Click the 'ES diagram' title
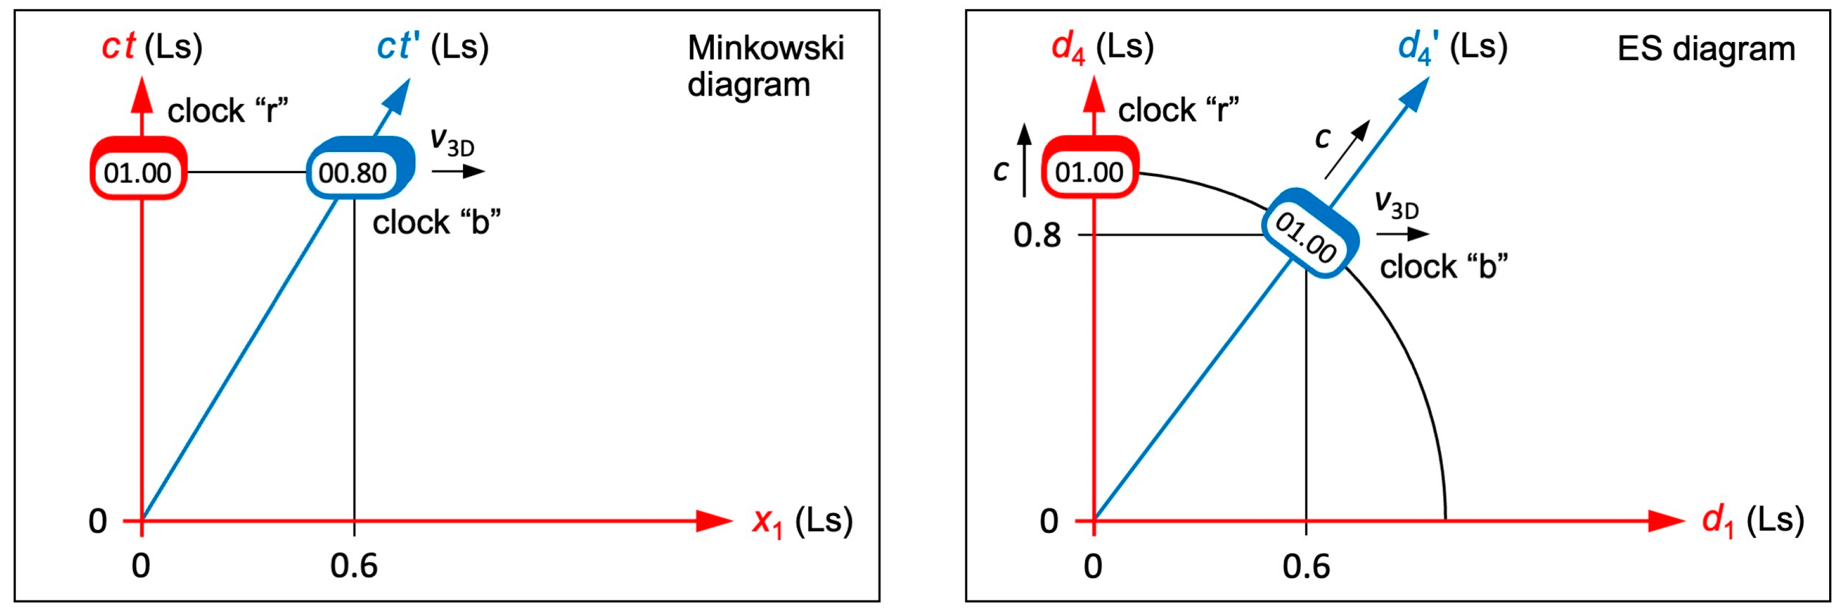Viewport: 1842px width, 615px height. pos(1706,49)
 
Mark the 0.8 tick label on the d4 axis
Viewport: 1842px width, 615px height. pos(1037,235)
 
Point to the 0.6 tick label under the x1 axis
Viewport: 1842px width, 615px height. pos(354,566)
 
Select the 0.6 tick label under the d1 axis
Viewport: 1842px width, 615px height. pos(1306,566)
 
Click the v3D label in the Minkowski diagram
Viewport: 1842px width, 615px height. pos(452,141)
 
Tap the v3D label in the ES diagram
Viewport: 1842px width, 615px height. pos(1396,205)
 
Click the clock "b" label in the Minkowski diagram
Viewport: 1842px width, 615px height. pos(436,223)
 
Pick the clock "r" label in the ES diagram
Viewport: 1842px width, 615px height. pos(1178,110)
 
